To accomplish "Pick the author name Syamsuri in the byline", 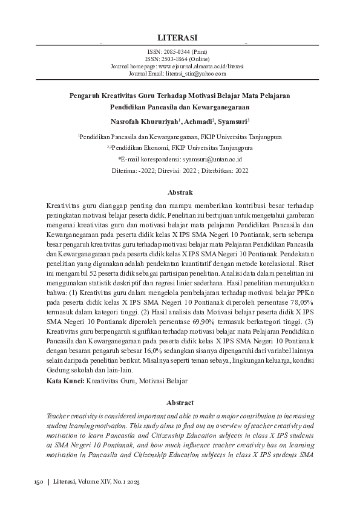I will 238,121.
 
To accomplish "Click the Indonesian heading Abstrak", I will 180,193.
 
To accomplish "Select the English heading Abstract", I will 180,402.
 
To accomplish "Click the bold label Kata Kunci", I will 65,381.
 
